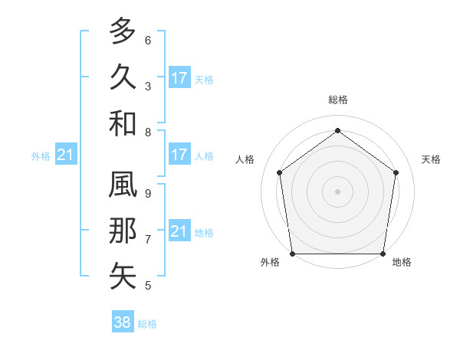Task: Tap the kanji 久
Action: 123,77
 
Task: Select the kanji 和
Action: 123,123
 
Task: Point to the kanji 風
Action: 123,185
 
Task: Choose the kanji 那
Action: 123,231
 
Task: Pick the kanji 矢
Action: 123,277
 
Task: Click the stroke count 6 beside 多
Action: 148,41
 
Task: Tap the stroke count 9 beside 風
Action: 148,194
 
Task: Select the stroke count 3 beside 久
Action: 148,86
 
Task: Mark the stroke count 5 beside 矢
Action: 148,286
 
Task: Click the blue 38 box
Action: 123,322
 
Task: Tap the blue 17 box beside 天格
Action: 179,78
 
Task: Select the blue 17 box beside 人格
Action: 179,155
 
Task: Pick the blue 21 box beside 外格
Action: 65,155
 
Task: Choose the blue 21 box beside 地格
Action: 179,231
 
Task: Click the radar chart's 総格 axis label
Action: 337,100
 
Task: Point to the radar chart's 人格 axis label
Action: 245,159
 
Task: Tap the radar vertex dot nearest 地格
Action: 383,254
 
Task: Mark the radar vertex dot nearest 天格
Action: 396,172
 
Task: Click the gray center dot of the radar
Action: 337,191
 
